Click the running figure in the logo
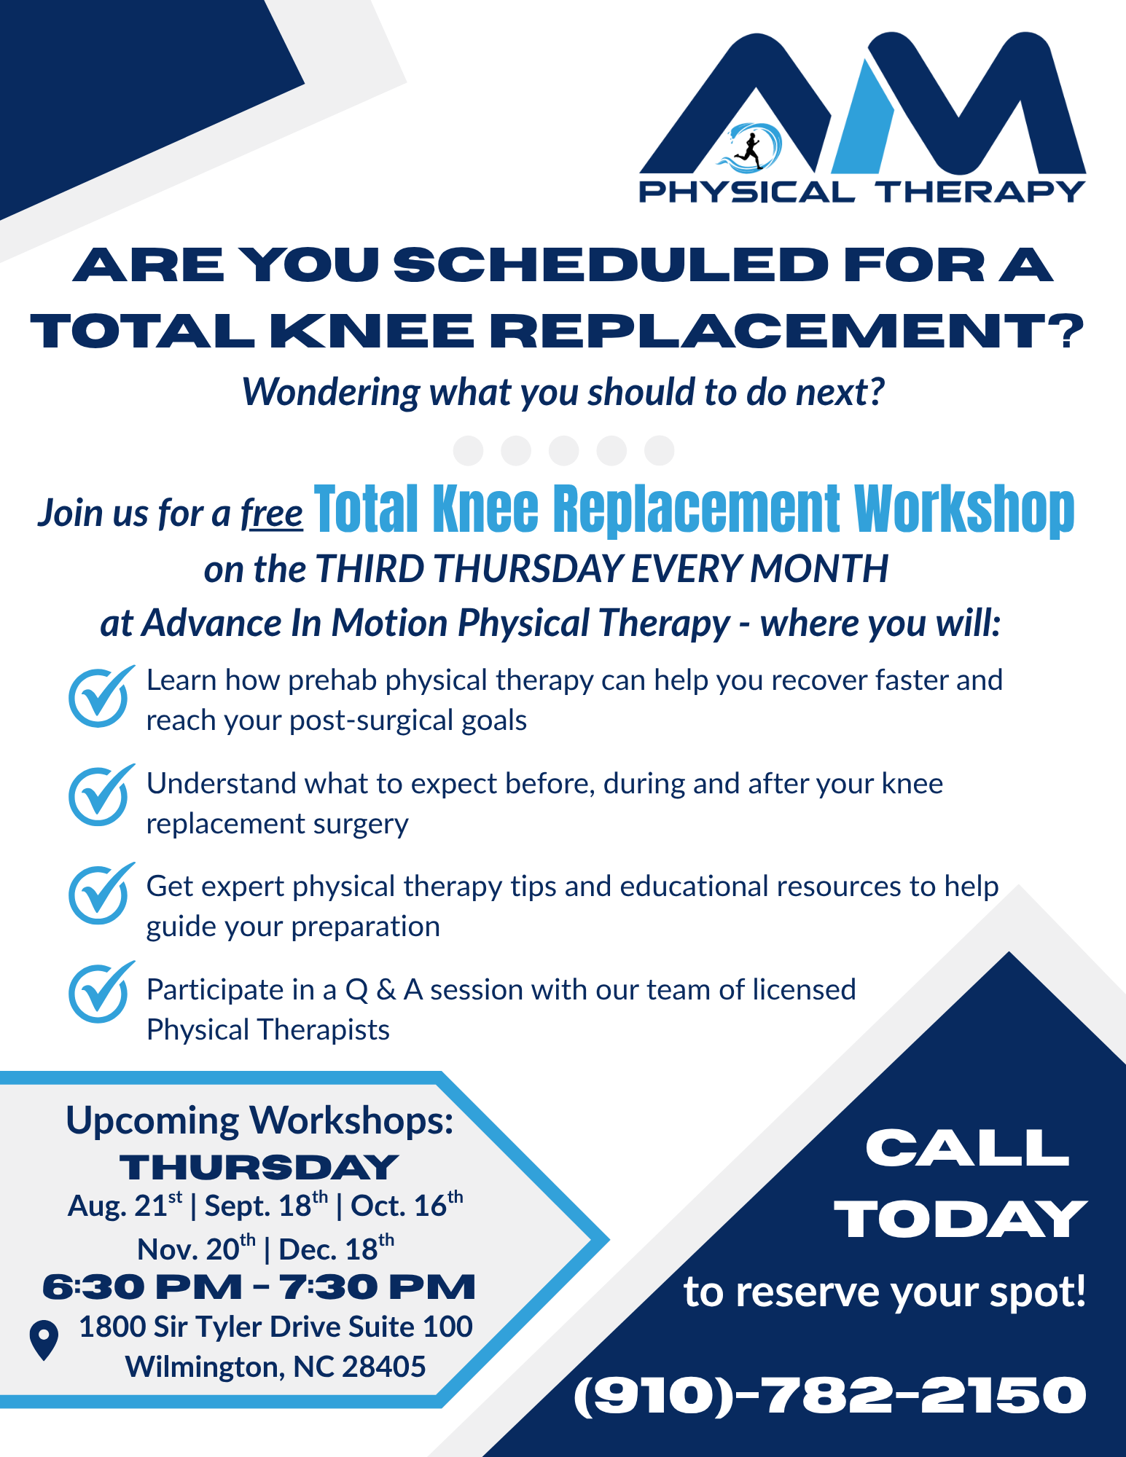[x=748, y=149]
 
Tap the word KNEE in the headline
[x=372, y=331]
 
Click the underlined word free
[x=271, y=514]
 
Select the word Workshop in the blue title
[x=964, y=509]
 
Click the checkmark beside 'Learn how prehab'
[x=101, y=696]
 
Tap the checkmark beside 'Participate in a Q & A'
[x=101, y=992]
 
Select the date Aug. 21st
[x=125, y=1206]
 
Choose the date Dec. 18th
[x=337, y=1249]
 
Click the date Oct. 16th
[x=407, y=1206]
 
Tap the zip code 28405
[x=383, y=1367]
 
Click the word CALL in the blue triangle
[x=967, y=1149]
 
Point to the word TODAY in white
[x=961, y=1220]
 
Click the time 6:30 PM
[x=142, y=1287]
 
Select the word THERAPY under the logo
[x=981, y=192]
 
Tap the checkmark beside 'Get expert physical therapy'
[x=101, y=894]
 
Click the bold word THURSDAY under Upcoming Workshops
[x=259, y=1168]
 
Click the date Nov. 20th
[x=196, y=1249]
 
